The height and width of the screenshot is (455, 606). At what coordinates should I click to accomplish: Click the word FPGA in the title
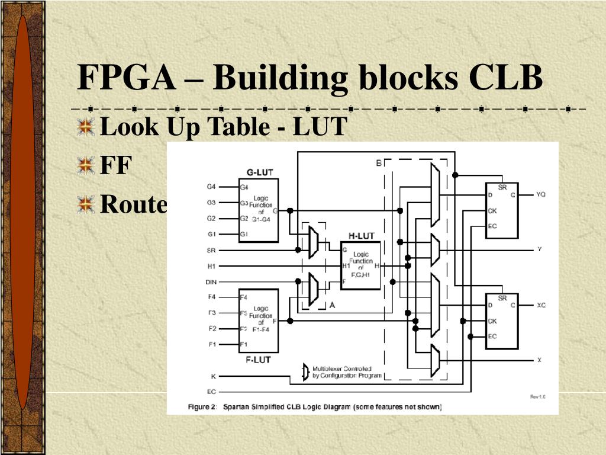click(127, 78)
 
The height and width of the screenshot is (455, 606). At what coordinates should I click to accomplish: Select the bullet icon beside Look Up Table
click(86, 127)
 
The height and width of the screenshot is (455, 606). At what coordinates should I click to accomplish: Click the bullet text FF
click(115, 166)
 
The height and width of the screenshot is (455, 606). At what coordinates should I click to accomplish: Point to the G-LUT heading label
click(260, 173)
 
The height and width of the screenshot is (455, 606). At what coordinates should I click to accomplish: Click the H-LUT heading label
click(361, 236)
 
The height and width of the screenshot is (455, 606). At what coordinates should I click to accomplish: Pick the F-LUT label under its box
click(258, 358)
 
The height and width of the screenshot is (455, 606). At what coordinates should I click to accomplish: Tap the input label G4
click(211, 187)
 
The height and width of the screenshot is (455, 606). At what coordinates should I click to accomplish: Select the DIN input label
click(211, 281)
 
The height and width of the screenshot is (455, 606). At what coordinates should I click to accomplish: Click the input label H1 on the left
click(211, 265)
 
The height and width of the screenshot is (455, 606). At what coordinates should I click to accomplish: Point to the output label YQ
click(541, 194)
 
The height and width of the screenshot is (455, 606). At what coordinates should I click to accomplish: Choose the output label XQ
click(541, 305)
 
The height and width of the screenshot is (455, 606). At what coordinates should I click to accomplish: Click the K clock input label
click(213, 376)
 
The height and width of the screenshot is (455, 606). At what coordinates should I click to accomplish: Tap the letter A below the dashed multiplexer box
click(332, 305)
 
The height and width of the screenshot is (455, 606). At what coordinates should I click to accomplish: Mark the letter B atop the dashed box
click(379, 163)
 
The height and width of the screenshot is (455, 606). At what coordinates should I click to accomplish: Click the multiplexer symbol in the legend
click(305, 372)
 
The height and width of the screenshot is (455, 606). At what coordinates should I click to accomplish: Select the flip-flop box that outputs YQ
click(501, 210)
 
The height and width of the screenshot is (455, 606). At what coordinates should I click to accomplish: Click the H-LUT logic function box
click(361, 265)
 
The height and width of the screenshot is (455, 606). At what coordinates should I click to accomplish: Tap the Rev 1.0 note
click(537, 397)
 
